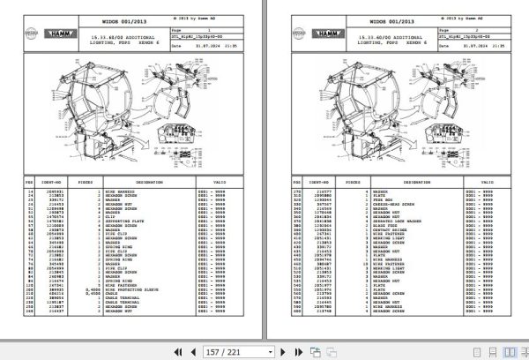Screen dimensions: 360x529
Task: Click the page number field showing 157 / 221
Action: [225, 351]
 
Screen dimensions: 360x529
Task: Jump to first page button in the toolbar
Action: [178, 351]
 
